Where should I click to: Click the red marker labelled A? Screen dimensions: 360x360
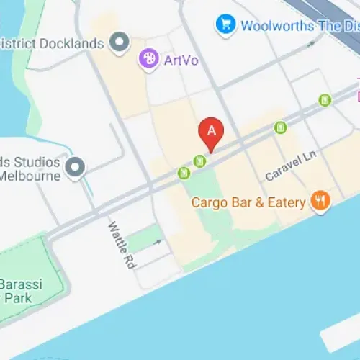pos(211,132)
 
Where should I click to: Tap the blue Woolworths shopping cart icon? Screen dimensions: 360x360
pos(225,25)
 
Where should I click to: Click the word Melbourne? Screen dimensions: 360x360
pos(30,176)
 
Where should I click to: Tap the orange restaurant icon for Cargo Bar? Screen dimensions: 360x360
pos(320,202)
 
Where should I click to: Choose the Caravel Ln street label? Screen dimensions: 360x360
pos(291,166)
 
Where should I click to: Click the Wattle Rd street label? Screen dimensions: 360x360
pos(121,245)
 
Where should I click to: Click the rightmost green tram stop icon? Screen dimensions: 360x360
pos(325,100)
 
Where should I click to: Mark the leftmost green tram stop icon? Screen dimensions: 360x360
pos(184,173)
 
